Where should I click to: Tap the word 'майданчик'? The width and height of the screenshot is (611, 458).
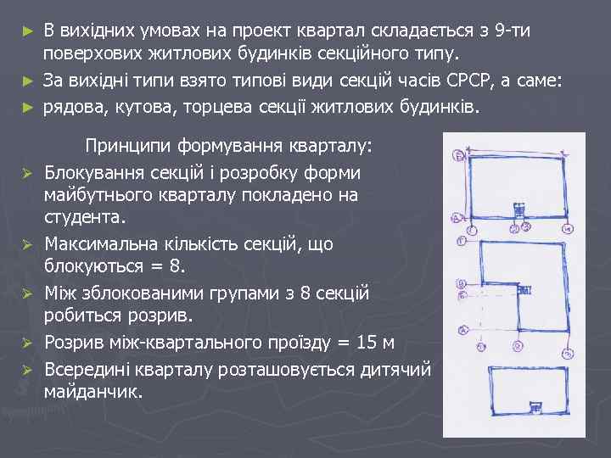click(x=93, y=393)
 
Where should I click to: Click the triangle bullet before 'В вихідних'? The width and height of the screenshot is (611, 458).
click(x=27, y=32)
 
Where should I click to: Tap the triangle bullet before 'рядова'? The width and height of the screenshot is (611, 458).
click(x=27, y=108)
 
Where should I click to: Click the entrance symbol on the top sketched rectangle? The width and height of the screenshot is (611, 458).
click(x=515, y=209)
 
